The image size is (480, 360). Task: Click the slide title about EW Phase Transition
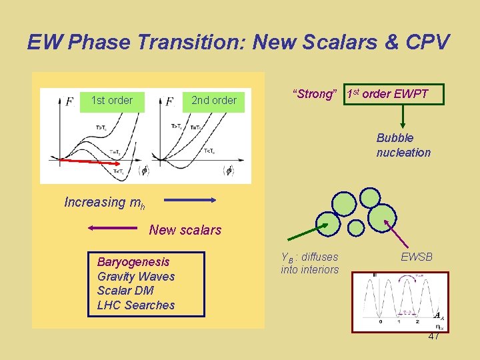coord(239,42)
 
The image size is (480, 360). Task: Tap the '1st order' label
coord(111,101)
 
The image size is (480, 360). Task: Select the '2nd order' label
coord(213,101)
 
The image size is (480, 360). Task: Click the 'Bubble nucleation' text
coord(403,145)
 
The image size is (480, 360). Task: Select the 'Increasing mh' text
coord(104,202)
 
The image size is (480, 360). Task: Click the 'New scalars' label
coord(185,230)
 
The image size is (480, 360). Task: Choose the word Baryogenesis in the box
coord(133,262)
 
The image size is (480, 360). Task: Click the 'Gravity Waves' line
coord(136,277)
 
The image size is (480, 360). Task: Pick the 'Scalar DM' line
coord(125,291)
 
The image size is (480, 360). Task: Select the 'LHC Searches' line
coord(136,305)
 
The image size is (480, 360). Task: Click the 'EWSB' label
coord(417,256)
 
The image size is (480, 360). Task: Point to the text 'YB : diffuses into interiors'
coord(309,263)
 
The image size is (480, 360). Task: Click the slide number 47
coord(433,337)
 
